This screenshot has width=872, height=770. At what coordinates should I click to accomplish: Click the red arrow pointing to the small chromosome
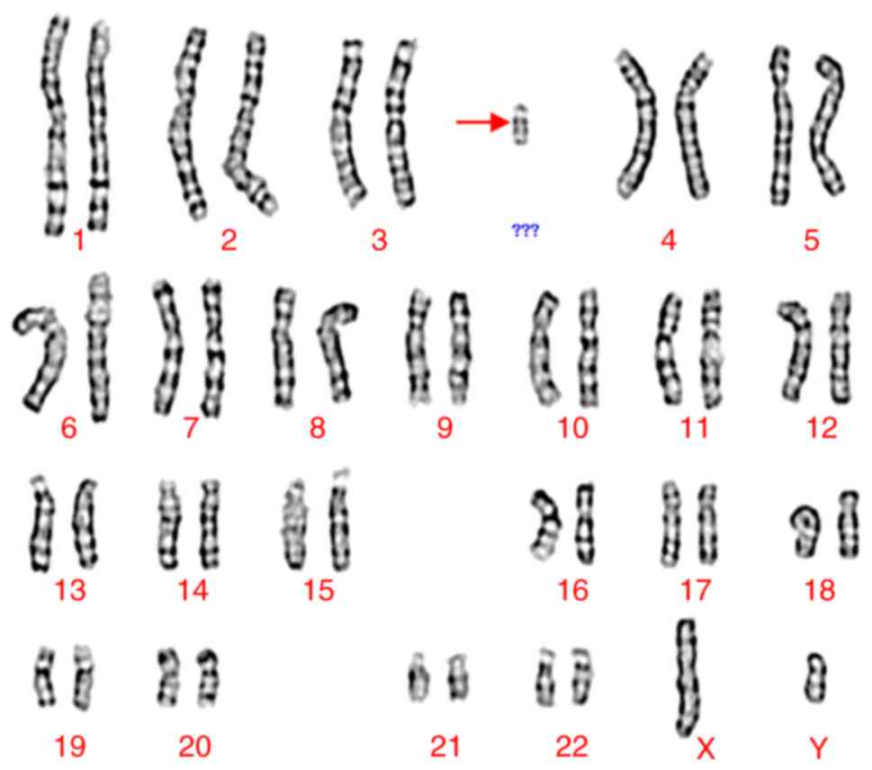[482, 121]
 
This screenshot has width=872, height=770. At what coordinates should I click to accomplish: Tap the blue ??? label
[525, 230]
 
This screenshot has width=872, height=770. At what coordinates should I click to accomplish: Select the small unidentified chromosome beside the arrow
[520, 124]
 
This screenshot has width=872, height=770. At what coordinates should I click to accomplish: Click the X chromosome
[688, 677]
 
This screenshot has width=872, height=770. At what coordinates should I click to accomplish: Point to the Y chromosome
[816, 677]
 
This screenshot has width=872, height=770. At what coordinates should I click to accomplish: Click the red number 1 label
[79, 240]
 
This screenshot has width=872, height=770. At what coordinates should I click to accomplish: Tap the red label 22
[571, 746]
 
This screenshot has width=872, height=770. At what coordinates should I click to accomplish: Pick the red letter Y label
[818, 748]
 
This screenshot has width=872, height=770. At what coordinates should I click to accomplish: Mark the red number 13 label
[70, 590]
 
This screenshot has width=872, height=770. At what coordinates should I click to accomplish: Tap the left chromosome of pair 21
[418, 677]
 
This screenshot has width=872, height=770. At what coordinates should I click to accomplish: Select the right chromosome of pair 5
[828, 125]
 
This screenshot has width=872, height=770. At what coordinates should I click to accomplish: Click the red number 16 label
[573, 590]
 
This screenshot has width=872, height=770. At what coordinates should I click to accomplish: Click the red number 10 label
[573, 427]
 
